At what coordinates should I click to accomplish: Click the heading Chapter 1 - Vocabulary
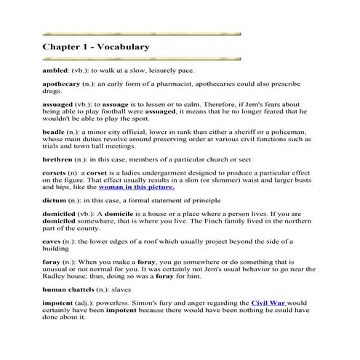[x=96, y=47]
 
